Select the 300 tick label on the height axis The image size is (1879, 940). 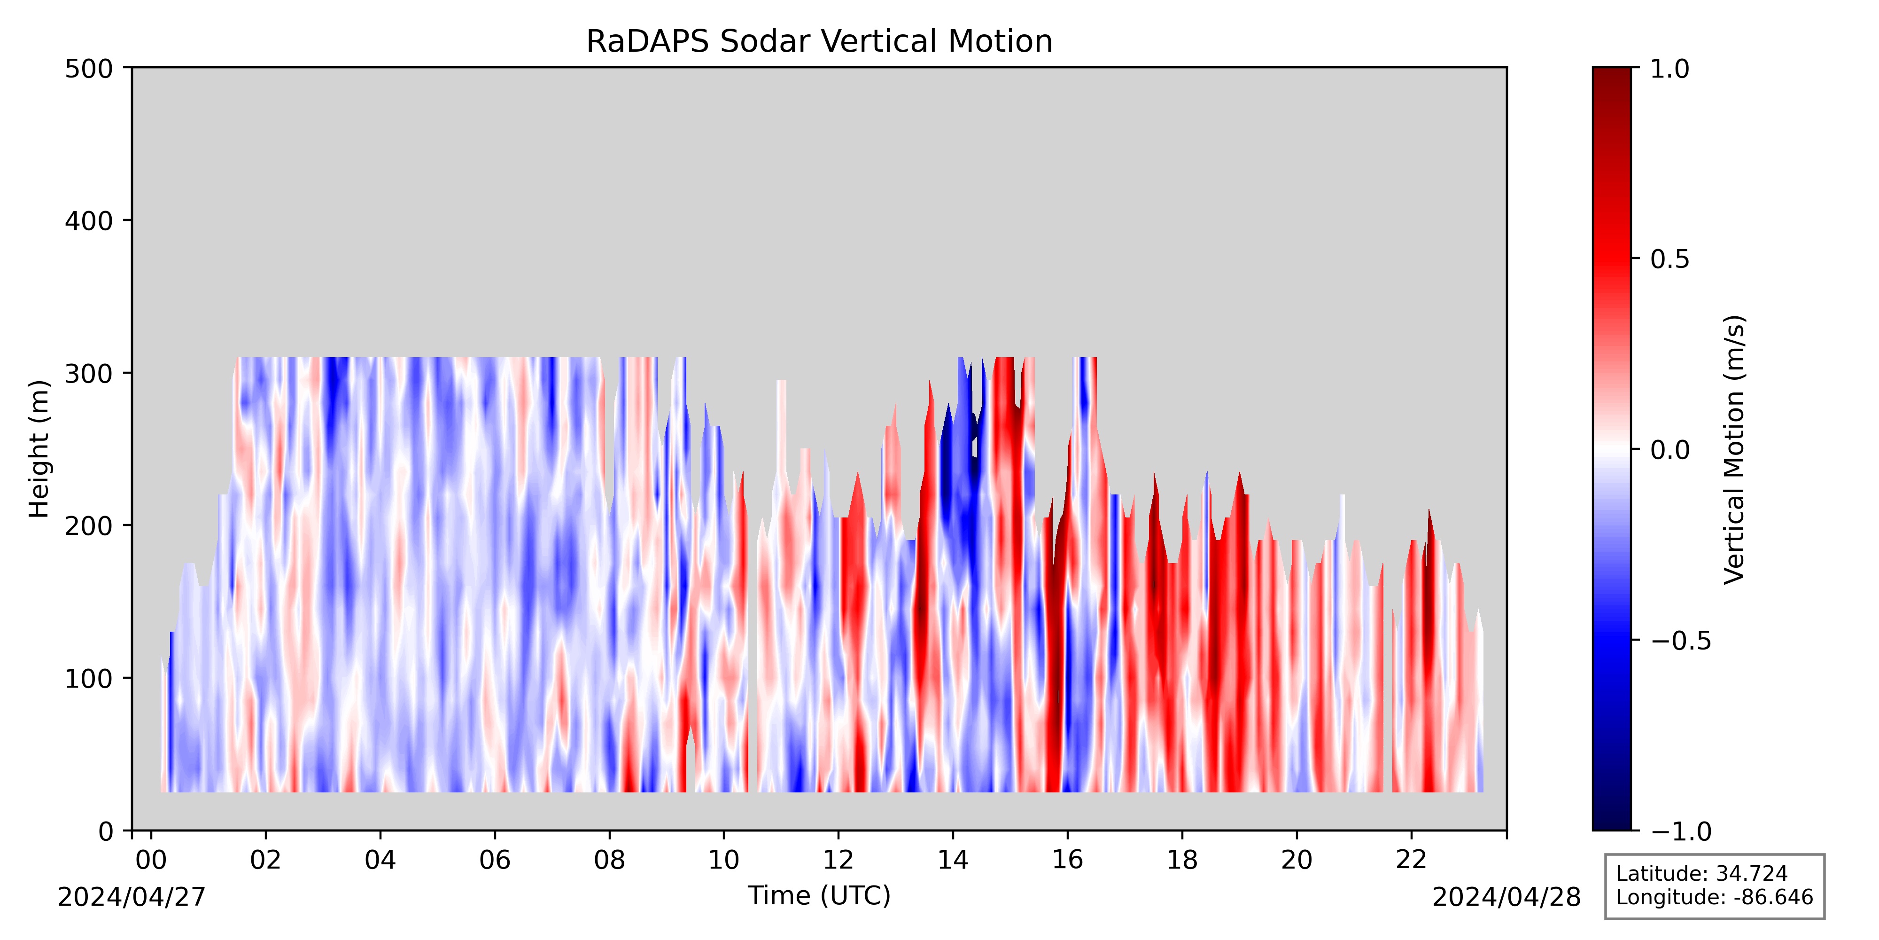click(89, 374)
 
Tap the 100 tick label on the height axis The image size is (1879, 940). click(89, 679)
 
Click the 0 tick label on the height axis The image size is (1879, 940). click(107, 831)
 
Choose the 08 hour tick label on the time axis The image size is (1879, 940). click(609, 861)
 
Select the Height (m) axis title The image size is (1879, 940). click(39, 449)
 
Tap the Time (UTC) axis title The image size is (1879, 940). click(819, 895)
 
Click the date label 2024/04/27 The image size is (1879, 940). click(132, 897)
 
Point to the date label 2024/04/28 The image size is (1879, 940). click(1506, 897)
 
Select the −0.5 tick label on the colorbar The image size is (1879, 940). click(1681, 641)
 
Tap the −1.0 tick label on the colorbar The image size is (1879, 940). click(1681, 831)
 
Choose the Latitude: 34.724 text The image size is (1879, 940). click(1702, 874)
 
